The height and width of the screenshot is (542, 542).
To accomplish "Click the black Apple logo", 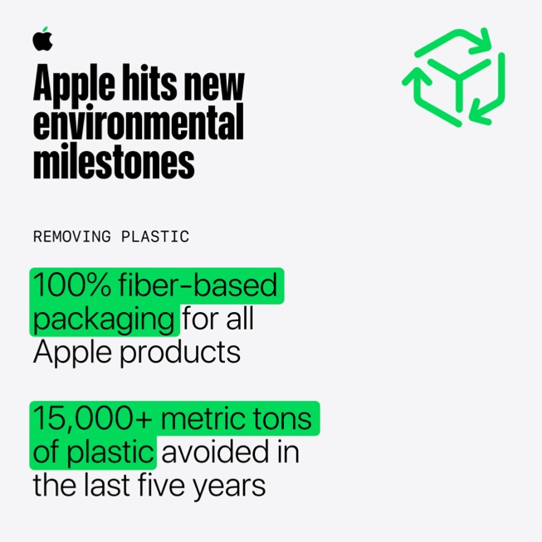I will (42, 39).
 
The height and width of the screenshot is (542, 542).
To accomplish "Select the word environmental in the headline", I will (138, 123).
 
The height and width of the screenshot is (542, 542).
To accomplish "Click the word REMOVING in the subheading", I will (72, 237).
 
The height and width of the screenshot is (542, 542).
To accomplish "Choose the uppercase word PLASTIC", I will (155, 237).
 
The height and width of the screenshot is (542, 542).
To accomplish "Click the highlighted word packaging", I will (103, 319).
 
